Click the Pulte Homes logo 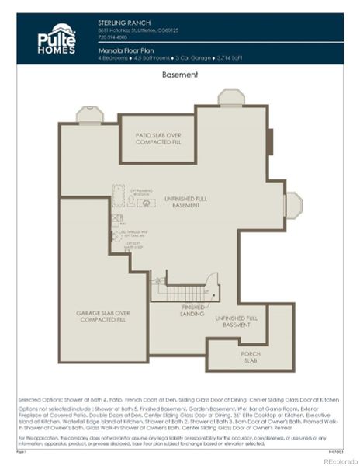57,39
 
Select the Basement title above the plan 180,75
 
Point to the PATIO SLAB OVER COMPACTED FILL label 158,139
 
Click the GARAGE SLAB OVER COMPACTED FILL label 102,316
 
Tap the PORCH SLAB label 250,356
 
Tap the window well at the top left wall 89,115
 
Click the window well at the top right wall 230,97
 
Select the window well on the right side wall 293,205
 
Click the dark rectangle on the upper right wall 269,142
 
